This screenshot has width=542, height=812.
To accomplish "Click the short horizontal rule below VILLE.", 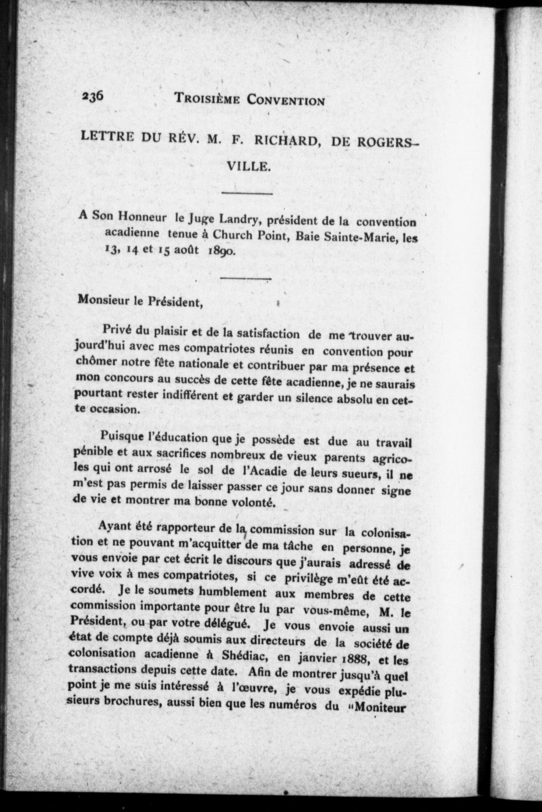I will (247, 193).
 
